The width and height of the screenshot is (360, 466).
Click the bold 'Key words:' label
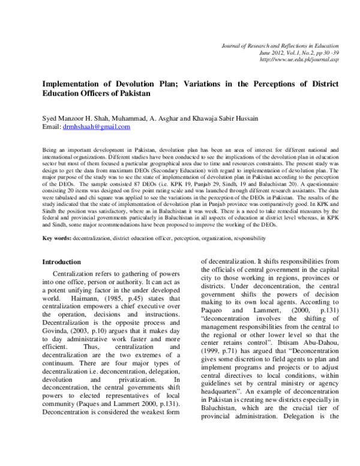[x=56, y=255]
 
